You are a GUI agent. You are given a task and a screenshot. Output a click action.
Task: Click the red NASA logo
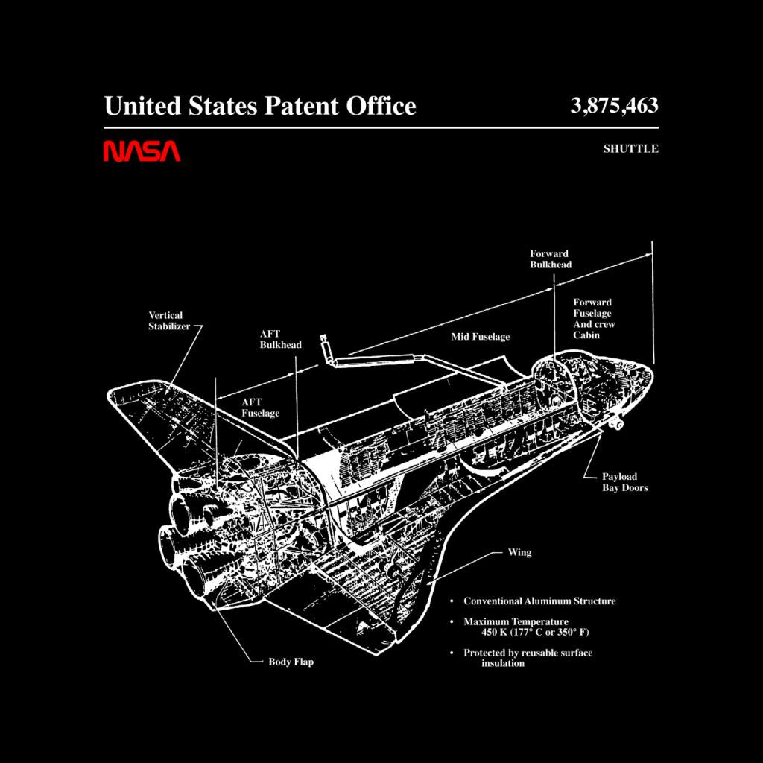pyautogui.click(x=142, y=151)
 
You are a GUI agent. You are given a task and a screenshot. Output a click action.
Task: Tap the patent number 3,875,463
pyautogui.click(x=614, y=105)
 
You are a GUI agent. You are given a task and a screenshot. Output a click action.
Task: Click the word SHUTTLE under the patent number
pyautogui.click(x=630, y=149)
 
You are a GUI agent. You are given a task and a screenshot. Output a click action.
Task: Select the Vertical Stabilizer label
pyautogui.click(x=169, y=320)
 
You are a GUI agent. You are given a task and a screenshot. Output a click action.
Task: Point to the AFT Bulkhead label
pyautogui.click(x=280, y=339)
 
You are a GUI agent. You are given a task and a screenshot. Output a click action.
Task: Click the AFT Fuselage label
pyautogui.click(x=260, y=408)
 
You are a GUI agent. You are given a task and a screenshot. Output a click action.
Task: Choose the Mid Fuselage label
pyautogui.click(x=481, y=337)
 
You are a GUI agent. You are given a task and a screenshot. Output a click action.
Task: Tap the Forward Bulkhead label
pyautogui.click(x=551, y=259)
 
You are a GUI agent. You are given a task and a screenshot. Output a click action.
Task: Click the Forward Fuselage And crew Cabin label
pyautogui.click(x=594, y=319)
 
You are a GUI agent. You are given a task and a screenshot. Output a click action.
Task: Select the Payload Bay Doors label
pyautogui.click(x=625, y=482)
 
